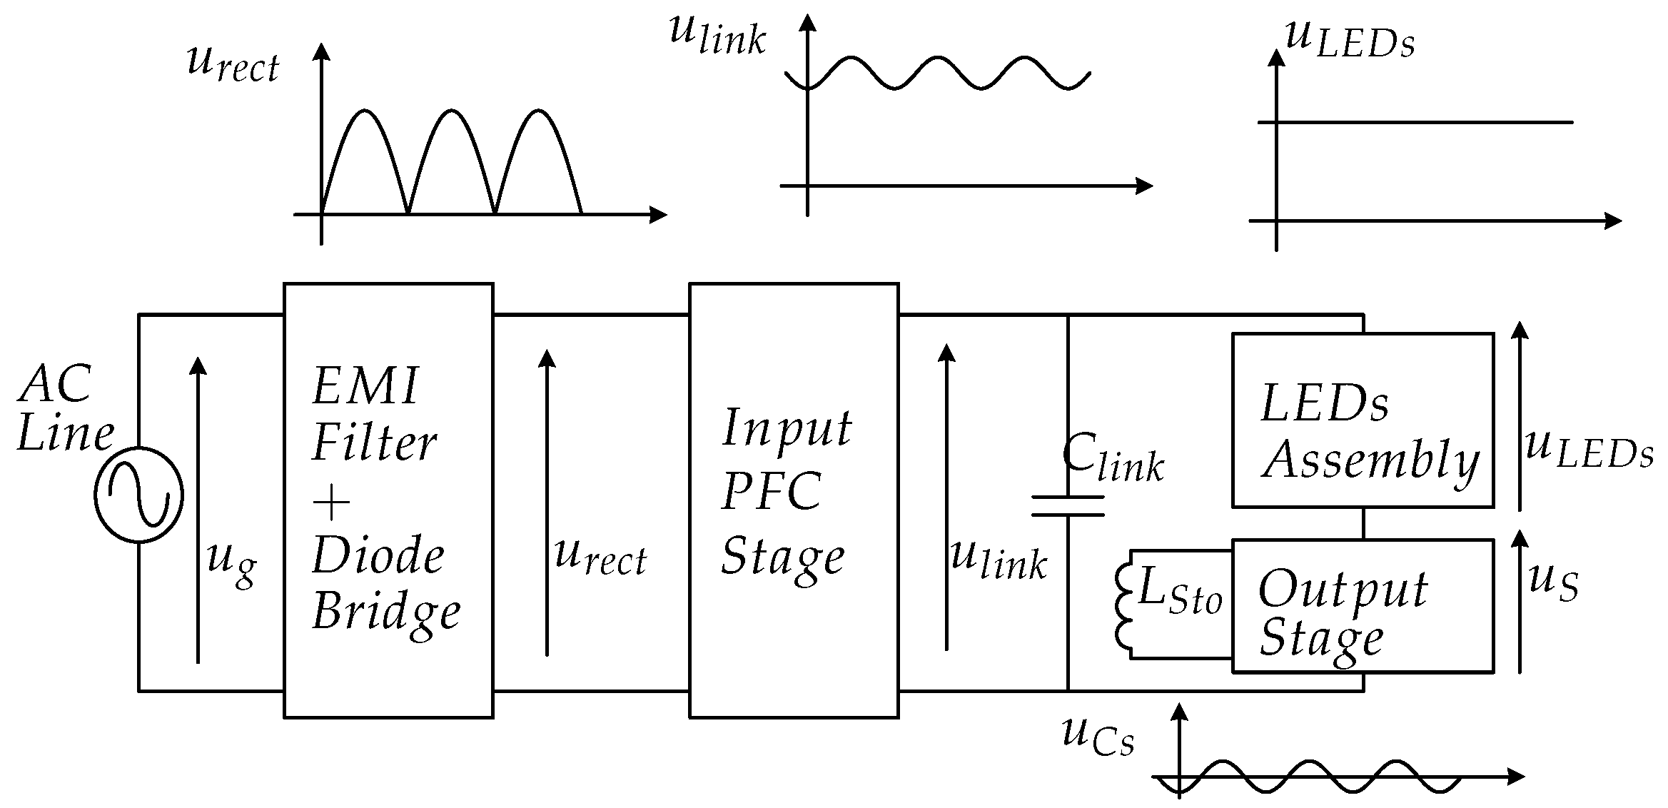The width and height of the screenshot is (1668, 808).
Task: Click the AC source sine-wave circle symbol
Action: click(x=138, y=495)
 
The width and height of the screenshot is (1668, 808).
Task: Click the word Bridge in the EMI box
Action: click(x=386, y=612)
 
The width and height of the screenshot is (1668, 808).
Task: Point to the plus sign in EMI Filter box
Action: click(x=332, y=504)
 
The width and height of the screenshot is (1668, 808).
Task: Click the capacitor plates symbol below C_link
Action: click(x=1068, y=505)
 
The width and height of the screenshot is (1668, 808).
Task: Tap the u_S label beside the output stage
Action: click(x=1553, y=582)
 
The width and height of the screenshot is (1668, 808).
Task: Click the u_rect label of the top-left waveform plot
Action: click(x=233, y=64)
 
